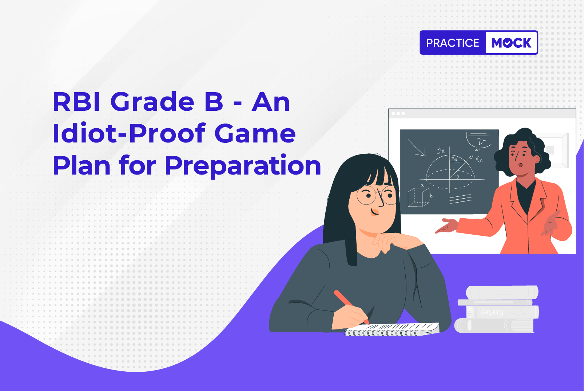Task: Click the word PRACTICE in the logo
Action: tap(453, 43)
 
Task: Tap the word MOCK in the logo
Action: tap(511, 43)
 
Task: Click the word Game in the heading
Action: tap(255, 134)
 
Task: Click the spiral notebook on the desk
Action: tap(392, 329)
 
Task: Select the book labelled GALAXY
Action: tap(498, 312)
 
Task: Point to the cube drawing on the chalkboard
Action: tap(418, 197)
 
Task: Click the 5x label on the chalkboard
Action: tap(454, 159)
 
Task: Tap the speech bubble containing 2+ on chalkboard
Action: tap(479, 141)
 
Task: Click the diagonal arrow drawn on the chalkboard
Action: tap(417, 148)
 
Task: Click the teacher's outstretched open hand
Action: tap(446, 226)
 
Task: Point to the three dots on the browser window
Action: tap(398, 114)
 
